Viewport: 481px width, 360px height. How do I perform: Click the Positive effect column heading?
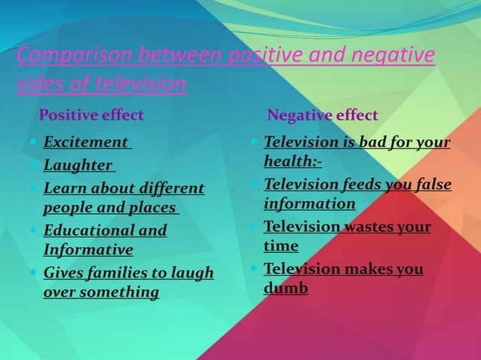pos(91,116)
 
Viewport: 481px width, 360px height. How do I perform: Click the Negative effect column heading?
pos(323,116)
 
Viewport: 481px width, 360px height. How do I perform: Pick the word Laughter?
pos(78,165)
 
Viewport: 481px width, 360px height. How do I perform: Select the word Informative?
pos(88,249)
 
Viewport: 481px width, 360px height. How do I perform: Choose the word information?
pos(310,203)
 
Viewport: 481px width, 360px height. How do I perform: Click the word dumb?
pos(286,288)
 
